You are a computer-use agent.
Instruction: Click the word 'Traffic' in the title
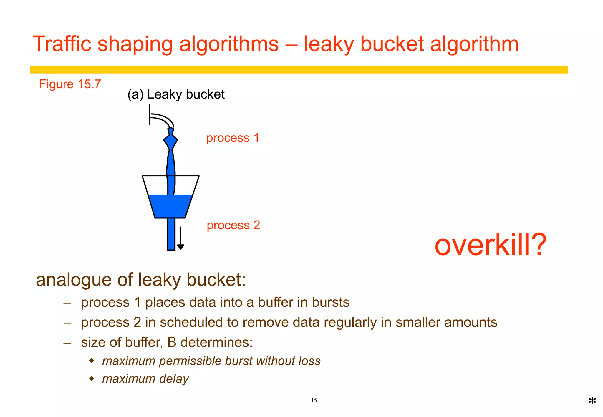pyautogui.click(x=62, y=44)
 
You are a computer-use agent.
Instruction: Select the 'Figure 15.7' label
pyautogui.click(x=70, y=84)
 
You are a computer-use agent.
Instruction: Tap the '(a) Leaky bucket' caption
pyautogui.click(x=176, y=94)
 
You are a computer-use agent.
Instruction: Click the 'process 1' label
pyautogui.click(x=233, y=138)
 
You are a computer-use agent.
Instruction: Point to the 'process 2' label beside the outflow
pyautogui.click(x=233, y=225)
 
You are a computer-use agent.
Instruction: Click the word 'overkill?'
pyautogui.click(x=490, y=245)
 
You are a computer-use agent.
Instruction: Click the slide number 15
pyautogui.click(x=314, y=400)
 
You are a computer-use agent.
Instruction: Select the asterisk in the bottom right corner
pyautogui.click(x=592, y=401)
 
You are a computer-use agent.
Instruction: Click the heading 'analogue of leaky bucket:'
pyautogui.click(x=141, y=280)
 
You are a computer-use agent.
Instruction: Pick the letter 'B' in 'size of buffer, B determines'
pyautogui.click(x=172, y=342)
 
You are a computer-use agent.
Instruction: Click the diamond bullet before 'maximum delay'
pyautogui.click(x=92, y=378)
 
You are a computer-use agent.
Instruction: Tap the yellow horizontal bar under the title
pyautogui.click(x=299, y=70)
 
